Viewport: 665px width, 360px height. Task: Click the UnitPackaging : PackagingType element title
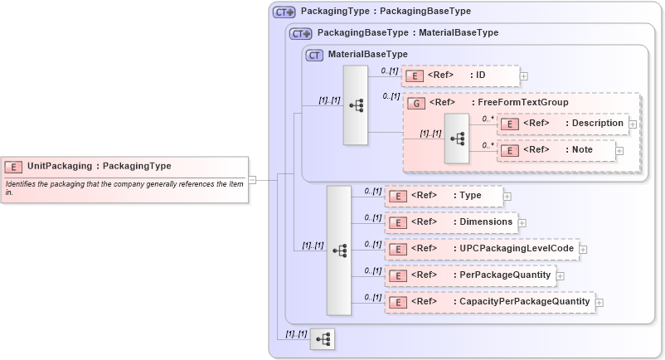(99, 166)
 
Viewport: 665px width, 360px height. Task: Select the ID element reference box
(460, 75)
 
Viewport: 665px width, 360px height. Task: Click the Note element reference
(556, 150)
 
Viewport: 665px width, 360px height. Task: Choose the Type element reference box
(444, 196)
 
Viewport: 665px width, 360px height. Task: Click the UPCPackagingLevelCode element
(481, 249)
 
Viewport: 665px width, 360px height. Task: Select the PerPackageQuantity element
(469, 275)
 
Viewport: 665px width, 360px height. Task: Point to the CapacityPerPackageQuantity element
(489, 302)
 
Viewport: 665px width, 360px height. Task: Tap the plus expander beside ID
(524, 76)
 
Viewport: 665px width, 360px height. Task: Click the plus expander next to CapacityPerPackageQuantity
(599, 303)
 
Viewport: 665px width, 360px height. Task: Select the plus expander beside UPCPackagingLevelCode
(583, 250)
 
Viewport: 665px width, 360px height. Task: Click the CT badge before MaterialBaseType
(314, 55)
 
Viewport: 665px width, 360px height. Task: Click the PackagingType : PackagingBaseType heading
(386, 12)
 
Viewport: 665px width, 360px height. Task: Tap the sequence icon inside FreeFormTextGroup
(456, 138)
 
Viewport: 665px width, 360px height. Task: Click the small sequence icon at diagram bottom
(323, 338)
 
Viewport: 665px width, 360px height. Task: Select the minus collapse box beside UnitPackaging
(252, 179)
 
